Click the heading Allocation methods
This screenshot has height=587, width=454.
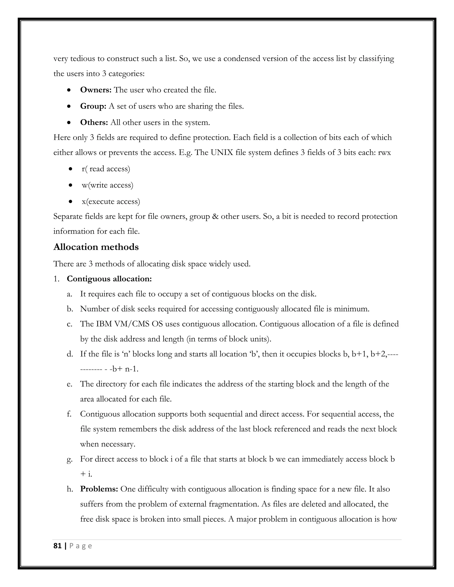pyautogui.click(x=96, y=247)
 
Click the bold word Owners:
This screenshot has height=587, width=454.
pyautogui.click(x=96, y=90)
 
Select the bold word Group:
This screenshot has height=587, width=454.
pyautogui.click(x=93, y=106)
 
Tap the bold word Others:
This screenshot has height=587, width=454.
pyautogui.click(x=94, y=122)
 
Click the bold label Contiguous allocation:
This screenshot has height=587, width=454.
pyautogui.click(x=109, y=279)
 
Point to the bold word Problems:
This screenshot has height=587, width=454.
pyautogui.click(x=99, y=489)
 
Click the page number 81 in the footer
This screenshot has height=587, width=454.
pyautogui.click(x=57, y=546)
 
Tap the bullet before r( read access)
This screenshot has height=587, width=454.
pyautogui.click(x=70, y=169)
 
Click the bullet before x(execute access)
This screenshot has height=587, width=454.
pyautogui.click(x=70, y=201)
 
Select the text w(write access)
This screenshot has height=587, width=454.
pyautogui.click(x=108, y=185)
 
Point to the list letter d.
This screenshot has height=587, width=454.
pyautogui.click(x=70, y=354)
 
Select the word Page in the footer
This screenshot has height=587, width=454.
pyautogui.click(x=81, y=546)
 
